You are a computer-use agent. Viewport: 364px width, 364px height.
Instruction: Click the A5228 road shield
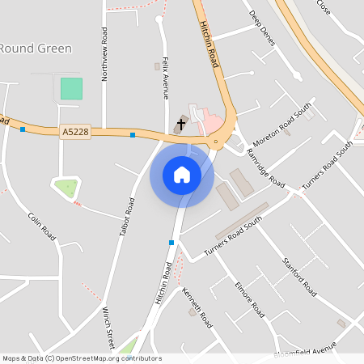[74, 131]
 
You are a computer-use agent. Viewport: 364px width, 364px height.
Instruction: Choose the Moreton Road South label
[282, 125]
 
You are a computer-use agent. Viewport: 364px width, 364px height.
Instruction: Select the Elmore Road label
[249, 298]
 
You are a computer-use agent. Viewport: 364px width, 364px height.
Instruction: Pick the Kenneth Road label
[197, 307]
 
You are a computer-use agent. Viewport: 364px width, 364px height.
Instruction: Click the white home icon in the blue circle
[182, 174]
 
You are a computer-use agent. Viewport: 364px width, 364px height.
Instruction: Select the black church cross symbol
[180, 123]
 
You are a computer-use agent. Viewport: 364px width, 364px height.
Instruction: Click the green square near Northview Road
[71, 88]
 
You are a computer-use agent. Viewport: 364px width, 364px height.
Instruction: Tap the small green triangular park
[66, 188]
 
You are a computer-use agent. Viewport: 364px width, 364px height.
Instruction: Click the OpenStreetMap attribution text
[81, 358]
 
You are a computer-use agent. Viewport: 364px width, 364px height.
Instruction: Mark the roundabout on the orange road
[217, 144]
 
